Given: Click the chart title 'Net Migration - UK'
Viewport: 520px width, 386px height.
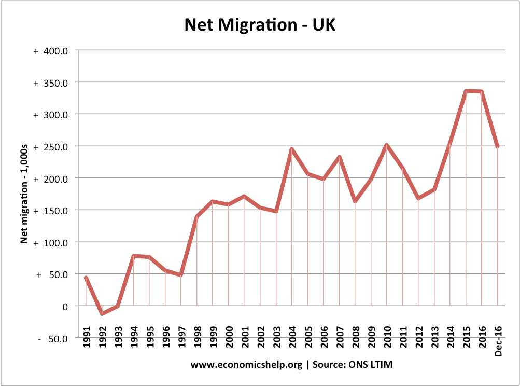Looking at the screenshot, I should tap(260, 24).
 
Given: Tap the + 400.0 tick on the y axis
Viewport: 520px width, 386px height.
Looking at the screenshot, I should tap(50, 51).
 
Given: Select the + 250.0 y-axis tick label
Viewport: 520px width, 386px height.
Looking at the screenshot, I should tap(50, 147).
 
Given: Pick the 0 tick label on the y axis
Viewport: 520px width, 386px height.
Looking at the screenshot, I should tap(65, 307).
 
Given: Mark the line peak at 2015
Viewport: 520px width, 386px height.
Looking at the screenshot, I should tap(466, 91).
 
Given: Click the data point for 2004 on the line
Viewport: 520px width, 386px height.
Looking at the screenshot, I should tap(292, 149).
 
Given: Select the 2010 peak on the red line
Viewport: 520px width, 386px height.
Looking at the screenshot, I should tap(387, 145).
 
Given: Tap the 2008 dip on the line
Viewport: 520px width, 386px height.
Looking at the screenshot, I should tap(355, 201).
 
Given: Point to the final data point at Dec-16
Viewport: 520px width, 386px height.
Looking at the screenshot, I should tap(498, 147).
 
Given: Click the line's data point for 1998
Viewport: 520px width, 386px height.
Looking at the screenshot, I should tap(197, 216).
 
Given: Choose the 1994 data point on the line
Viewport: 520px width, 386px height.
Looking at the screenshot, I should tap(134, 256).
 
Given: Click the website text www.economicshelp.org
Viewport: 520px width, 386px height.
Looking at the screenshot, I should tap(246, 365).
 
